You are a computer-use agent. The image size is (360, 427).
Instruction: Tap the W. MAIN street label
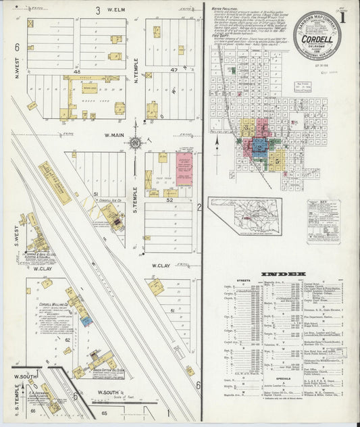pyautogui.click(x=116, y=135)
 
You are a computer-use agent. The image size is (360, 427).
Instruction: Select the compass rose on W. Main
pyautogui.click(x=135, y=143)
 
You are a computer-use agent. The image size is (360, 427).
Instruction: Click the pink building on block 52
pyautogui.click(x=184, y=170)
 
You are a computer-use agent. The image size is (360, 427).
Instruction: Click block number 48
pyautogui.click(x=76, y=71)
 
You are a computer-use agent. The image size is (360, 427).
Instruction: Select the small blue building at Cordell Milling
pyautogui.click(x=86, y=322)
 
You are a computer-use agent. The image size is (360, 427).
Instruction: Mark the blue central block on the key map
pyautogui.click(x=259, y=148)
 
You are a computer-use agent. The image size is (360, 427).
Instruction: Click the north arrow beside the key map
pyautogui.click(x=217, y=141)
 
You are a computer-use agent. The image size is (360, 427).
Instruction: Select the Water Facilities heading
pyautogui.click(x=226, y=7)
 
